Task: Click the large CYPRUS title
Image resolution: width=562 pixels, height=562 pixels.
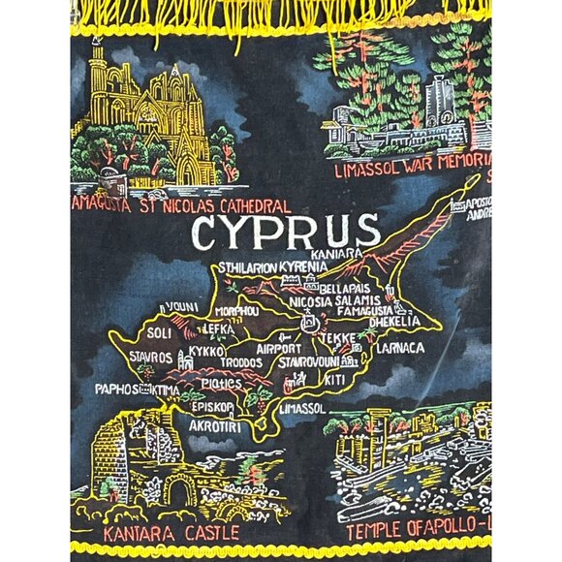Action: pos(286,232)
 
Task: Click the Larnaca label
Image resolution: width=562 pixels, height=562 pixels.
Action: pos(400,346)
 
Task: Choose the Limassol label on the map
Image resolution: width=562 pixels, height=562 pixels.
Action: pos(301,409)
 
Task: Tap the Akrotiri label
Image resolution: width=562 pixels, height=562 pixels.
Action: pos(215,425)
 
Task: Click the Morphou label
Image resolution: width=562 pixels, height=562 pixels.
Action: pos(237,311)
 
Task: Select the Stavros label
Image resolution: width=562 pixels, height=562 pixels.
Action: pos(150,358)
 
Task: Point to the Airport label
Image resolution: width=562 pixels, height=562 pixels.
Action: pos(279,348)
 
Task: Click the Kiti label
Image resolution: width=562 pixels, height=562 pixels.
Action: pos(334,378)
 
